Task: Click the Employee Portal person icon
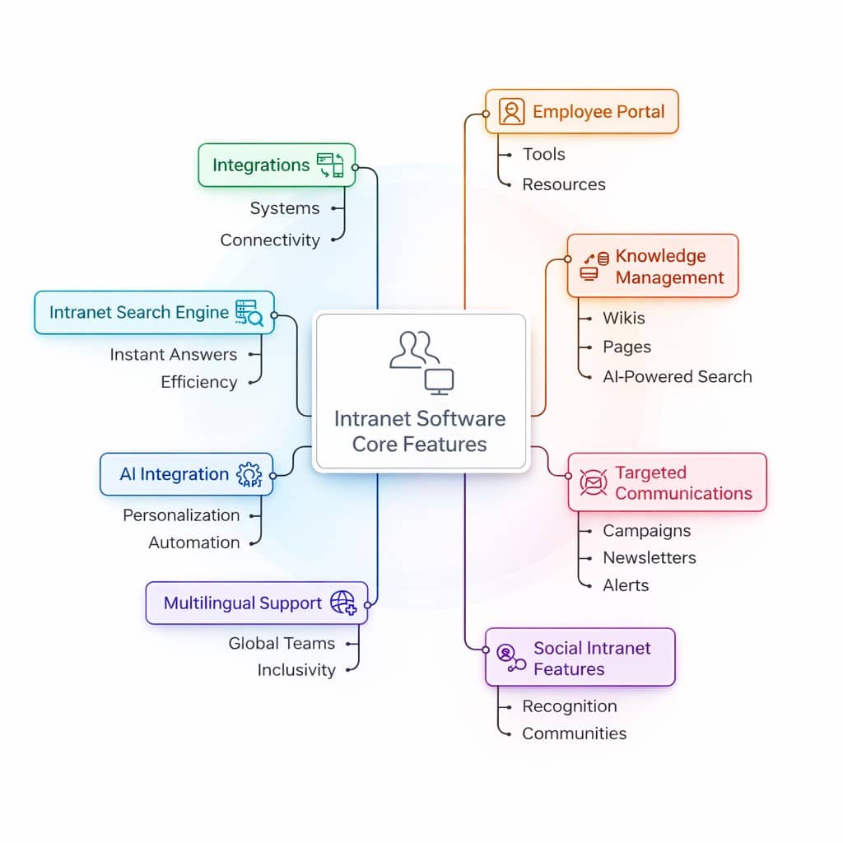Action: click(x=511, y=112)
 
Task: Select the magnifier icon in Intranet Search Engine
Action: click(x=249, y=313)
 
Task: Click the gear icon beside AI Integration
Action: click(x=249, y=475)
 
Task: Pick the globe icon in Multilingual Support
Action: click(x=342, y=603)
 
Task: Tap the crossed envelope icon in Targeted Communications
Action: click(x=593, y=482)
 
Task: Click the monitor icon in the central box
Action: click(x=439, y=381)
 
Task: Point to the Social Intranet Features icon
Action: click(x=510, y=657)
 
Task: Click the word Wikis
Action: click(x=624, y=318)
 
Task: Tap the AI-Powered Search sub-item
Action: click(x=677, y=376)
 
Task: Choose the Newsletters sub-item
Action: click(x=649, y=557)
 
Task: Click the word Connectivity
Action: click(x=270, y=240)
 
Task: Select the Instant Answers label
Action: click(x=173, y=354)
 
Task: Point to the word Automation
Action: click(x=194, y=543)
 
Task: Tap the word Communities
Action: click(x=574, y=733)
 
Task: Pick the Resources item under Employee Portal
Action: click(x=564, y=184)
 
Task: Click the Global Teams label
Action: click(x=282, y=643)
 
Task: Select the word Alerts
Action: click(x=626, y=585)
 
